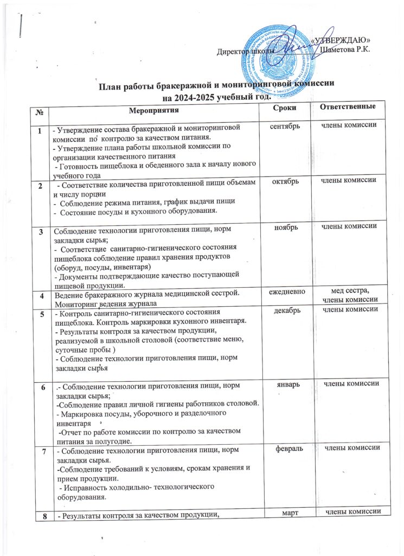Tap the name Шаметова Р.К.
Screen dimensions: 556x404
345,50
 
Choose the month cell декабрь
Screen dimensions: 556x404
283,311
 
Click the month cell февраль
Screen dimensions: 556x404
283,448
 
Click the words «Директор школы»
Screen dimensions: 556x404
238,52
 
